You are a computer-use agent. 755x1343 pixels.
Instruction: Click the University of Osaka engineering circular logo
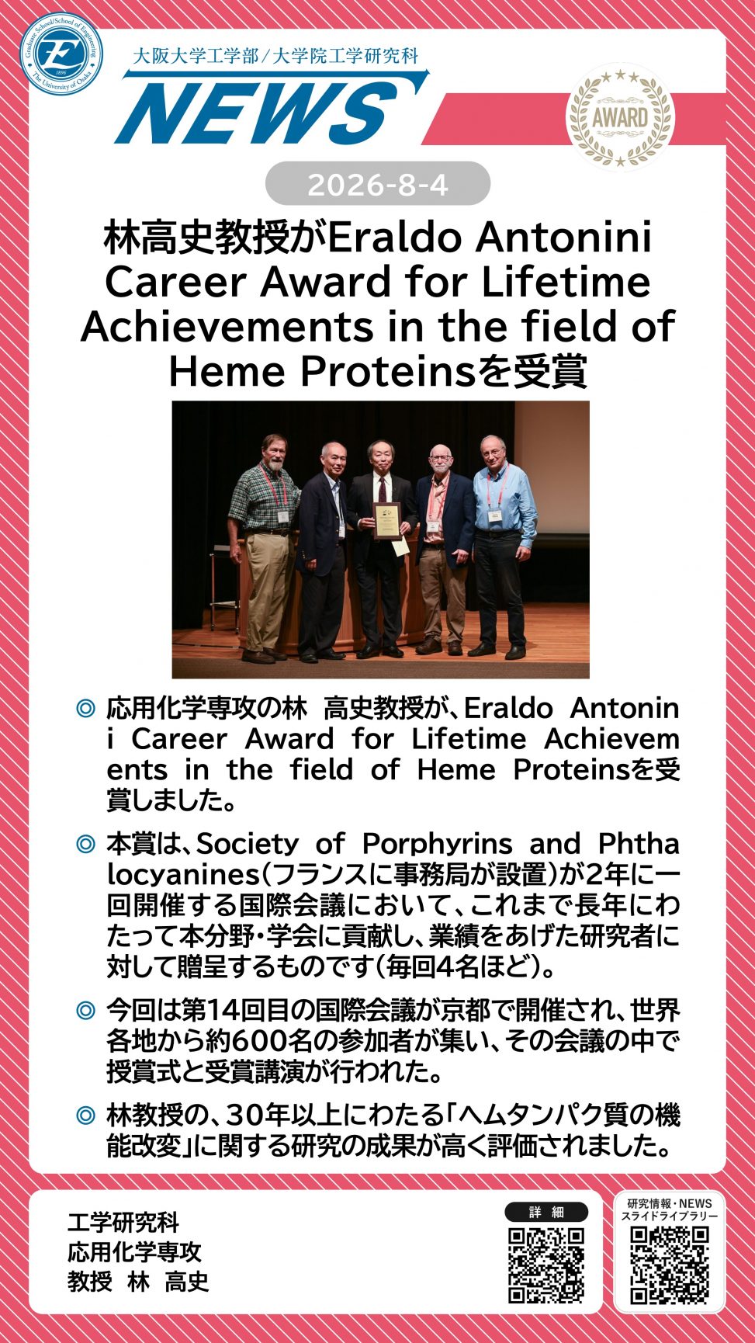tap(62, 54)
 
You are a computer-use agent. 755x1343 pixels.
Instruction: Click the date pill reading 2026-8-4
tap(378, 185)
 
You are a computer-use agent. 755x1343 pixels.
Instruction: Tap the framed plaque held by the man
tap(386, 521)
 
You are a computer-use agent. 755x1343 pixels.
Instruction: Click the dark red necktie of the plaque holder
tap(382, 490)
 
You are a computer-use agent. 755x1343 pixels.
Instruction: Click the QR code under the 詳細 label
tap(546, 1265)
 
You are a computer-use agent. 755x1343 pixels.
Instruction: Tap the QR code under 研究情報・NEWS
tap(670, 1265)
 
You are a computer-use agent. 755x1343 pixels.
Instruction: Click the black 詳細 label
tap(547, 1212)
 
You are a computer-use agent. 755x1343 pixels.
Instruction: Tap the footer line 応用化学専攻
tap(134, 1251)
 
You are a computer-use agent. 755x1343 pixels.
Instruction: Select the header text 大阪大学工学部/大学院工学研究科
tap(276, 56)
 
